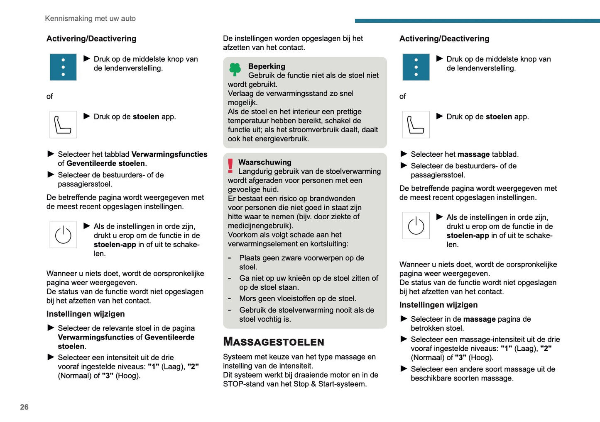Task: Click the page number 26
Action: (24, 407)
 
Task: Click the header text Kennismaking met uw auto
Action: (90, 19)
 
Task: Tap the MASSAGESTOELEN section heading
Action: (274, 342)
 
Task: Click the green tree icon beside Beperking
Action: (235, 69)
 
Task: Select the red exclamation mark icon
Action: (230, 165)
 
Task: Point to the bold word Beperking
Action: (267, 66)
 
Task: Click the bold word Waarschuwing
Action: (265, 162)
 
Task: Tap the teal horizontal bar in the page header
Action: (477, 21)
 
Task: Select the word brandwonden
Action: (334, 199)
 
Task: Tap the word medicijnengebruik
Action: (260, 226)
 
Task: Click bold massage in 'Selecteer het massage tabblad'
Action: (473, 155)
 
